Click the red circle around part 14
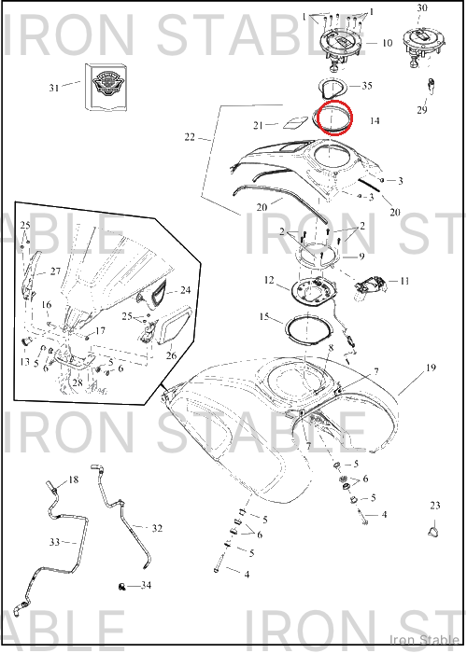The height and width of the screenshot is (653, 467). coord(334,102)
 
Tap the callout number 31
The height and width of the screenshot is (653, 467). coord(54,88)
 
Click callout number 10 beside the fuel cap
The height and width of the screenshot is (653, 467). coord(387,43)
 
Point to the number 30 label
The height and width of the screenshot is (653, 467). coord(422,8)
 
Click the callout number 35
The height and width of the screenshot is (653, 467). coord(366,86)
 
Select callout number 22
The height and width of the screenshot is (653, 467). coord(190,137)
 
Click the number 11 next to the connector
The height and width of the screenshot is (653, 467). coord(404,282)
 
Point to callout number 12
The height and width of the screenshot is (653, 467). coord(269,280)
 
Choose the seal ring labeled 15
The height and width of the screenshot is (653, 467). coord(308,328)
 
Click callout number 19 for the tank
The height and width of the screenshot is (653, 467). coord(431,368)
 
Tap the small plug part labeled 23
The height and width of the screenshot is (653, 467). coord(434,532)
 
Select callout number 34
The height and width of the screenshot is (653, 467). coord(146,586)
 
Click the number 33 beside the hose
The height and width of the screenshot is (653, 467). coord(55,542)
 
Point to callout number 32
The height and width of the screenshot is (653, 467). coord(157,529)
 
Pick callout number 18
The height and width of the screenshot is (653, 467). coord(74,480)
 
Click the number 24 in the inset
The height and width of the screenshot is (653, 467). coord(185,290)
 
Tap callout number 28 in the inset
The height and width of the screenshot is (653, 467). coord(78,382)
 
